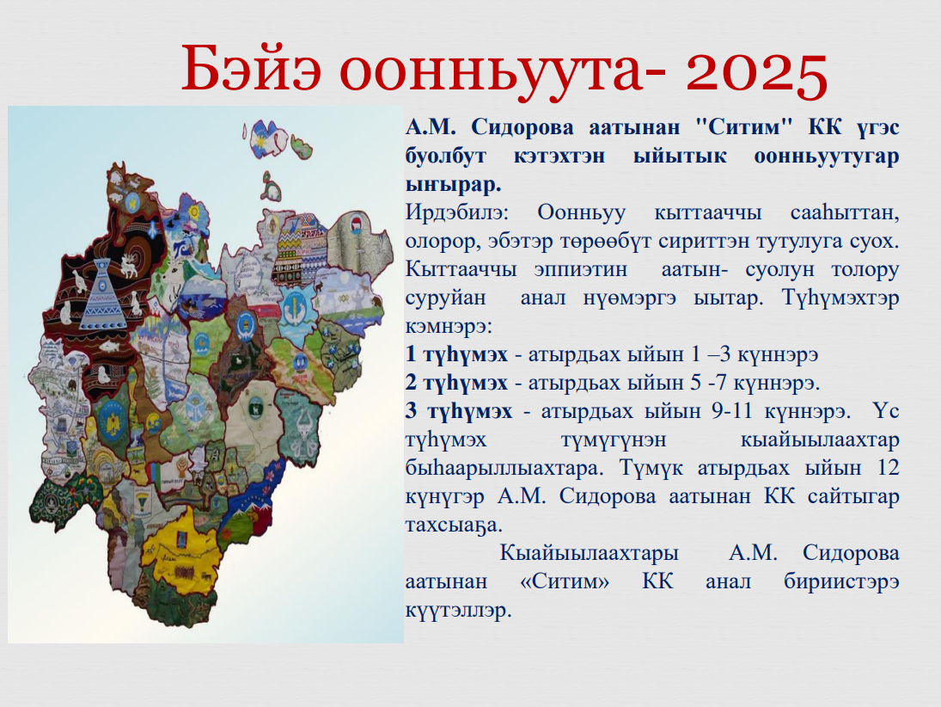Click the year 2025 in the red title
757,71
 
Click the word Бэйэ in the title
252,69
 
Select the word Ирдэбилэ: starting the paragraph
456,212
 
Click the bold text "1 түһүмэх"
456,354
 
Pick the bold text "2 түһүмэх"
456,383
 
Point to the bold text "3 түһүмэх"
459,411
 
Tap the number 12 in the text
889,468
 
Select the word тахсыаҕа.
454,526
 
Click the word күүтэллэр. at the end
459,611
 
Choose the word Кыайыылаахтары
590,553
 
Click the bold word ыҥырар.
454,184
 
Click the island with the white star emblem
268,138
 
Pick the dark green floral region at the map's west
56,501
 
